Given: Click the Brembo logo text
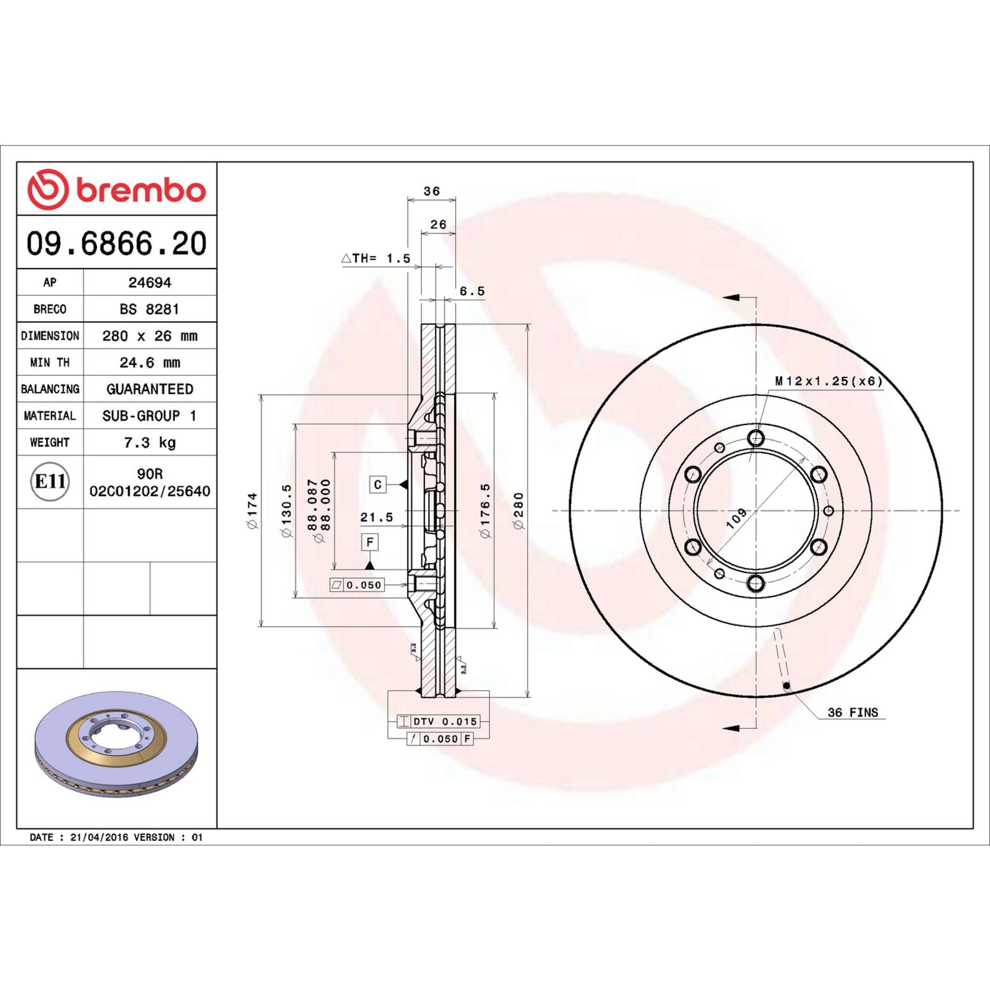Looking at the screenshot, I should pos(140,190).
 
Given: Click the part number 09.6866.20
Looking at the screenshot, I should pos(116,243).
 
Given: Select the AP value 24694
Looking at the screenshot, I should pos(150,283).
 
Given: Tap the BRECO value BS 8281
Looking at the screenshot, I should pos(150,309).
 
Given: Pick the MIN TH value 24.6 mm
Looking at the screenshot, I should pos(150,363).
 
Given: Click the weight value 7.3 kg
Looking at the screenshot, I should pos(150,442).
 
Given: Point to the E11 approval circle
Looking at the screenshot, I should pos(50,481).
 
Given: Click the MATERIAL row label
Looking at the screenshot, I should pos(49,416).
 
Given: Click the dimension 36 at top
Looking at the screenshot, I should pos(432,191).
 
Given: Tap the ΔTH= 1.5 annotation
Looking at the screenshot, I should pos(376,259).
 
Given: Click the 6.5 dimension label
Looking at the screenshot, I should pos(472,291).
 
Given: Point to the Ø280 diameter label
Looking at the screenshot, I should pos(519,510).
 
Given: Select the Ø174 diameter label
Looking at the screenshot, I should pos(252,510).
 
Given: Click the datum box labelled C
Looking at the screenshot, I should pos(378,484).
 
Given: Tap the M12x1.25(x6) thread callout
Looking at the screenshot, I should pos(828,381).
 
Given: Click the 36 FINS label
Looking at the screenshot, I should pos(853,712).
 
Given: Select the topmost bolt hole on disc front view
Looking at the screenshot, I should pos(755,438).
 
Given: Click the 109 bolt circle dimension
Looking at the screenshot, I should pos(736,519).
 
